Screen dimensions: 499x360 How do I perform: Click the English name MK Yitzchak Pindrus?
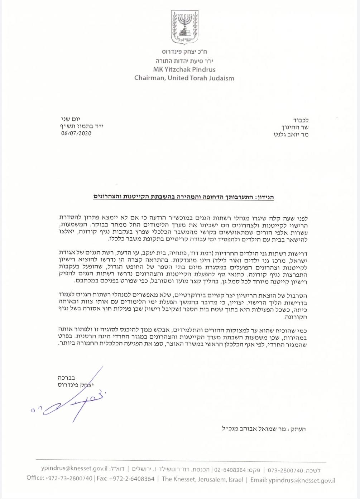(x=184, y=69)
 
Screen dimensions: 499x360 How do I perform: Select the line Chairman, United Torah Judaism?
(x=184, y=78)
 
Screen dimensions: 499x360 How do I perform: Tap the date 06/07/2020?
(x=76, y=134)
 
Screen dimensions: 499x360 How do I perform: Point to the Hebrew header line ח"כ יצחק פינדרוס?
(x=184, y=52)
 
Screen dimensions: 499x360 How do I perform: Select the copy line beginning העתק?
(x=264, y=429)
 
